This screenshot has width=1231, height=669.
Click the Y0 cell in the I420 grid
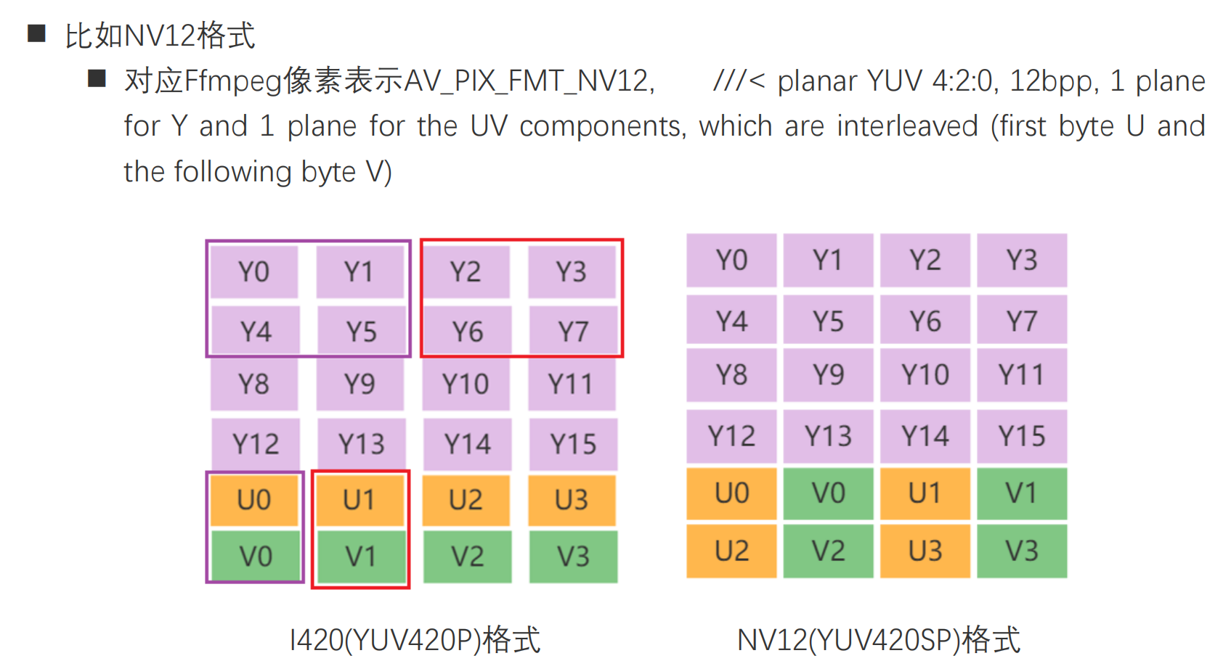click(x=254, y=272)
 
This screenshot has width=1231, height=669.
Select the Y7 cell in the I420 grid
click(x=573, y=332)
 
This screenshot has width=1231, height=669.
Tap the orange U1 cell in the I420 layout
click(x=359, y=500)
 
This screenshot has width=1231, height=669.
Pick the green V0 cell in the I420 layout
click(x=256, y=557)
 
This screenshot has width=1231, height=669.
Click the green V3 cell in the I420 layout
click(x=573, y=557)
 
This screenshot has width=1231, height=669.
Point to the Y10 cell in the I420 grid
click(x=466, y=384)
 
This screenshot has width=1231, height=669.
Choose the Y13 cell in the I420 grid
click(x=361, y=443)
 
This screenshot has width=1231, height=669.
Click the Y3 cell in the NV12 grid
click(x=1022, y=260)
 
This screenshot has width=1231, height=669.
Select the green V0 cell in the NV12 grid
click(x=828, y=493)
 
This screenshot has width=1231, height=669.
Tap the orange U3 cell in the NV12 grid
click(x=925, y=551)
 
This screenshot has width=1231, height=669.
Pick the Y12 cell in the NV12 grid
click(x=731, y=436)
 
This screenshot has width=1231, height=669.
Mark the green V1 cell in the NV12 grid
click(x=1022, y=493)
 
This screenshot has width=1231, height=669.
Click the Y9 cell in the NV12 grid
click(x=828, y=375)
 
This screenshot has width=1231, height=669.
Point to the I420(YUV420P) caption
click(x=415, y=640)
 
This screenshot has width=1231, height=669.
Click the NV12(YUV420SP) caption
click(x=879, y=640)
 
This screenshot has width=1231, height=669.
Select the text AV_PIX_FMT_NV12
click(x=529, y=81)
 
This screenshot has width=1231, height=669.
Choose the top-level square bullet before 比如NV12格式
click(x=37, y=33)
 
